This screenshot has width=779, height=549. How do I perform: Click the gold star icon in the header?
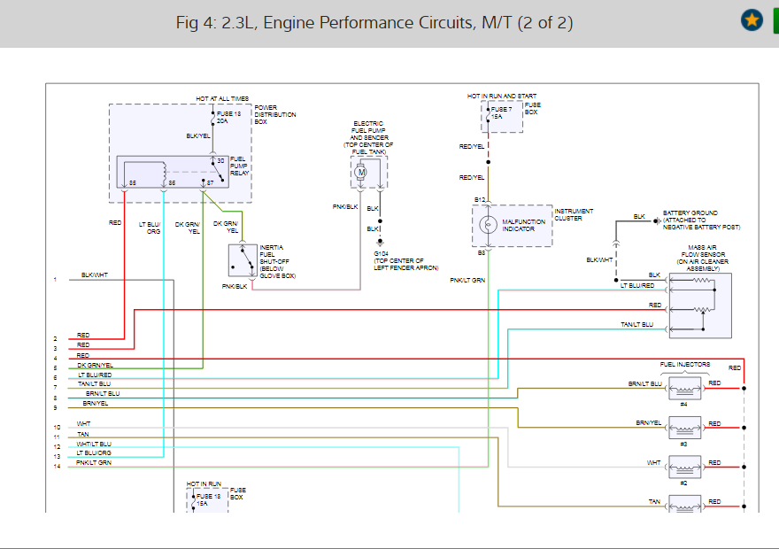coord(752,19)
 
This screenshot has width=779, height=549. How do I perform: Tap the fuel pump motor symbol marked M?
coord(361,172)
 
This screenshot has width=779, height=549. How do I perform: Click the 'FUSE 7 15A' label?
coord(504,112)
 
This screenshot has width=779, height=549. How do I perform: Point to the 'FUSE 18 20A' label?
coord(229,118)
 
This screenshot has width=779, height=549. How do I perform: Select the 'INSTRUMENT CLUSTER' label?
coord(574,214)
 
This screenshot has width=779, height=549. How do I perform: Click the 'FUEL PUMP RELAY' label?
coord(239,166)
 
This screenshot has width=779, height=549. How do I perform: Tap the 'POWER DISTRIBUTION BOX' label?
coord(275,115)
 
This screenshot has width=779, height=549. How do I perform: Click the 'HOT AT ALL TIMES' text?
coord(222,98)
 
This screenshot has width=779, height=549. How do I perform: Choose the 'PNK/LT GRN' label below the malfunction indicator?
coord(467,280)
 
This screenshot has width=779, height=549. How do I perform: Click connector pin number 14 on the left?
coord(56,466)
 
